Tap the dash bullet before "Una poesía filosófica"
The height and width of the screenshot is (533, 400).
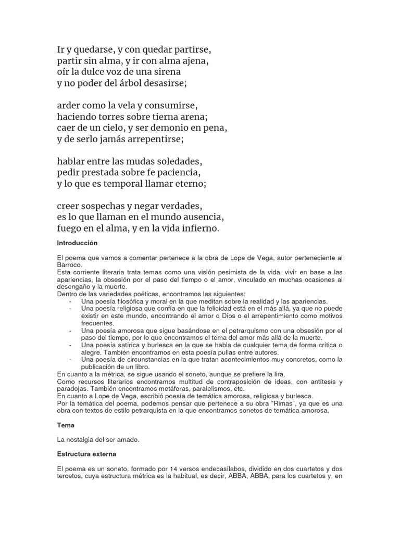(x=70, y=301)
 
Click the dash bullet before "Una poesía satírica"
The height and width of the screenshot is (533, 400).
(x=70, y=345)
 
